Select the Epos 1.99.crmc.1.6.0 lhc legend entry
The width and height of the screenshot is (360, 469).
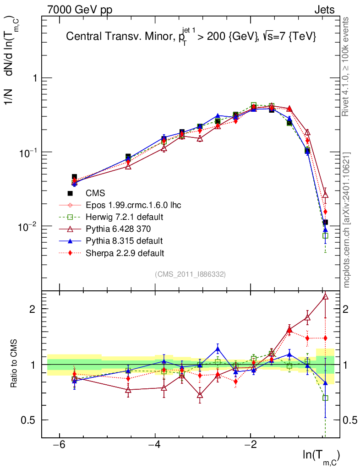coord(133,205)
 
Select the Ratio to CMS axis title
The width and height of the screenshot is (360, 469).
coord(14,364)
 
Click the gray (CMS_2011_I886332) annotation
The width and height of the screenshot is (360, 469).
coord(190,274)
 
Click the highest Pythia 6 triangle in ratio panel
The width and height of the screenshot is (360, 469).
coord(325,297)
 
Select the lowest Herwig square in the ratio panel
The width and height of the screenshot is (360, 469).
coord(325,398)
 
